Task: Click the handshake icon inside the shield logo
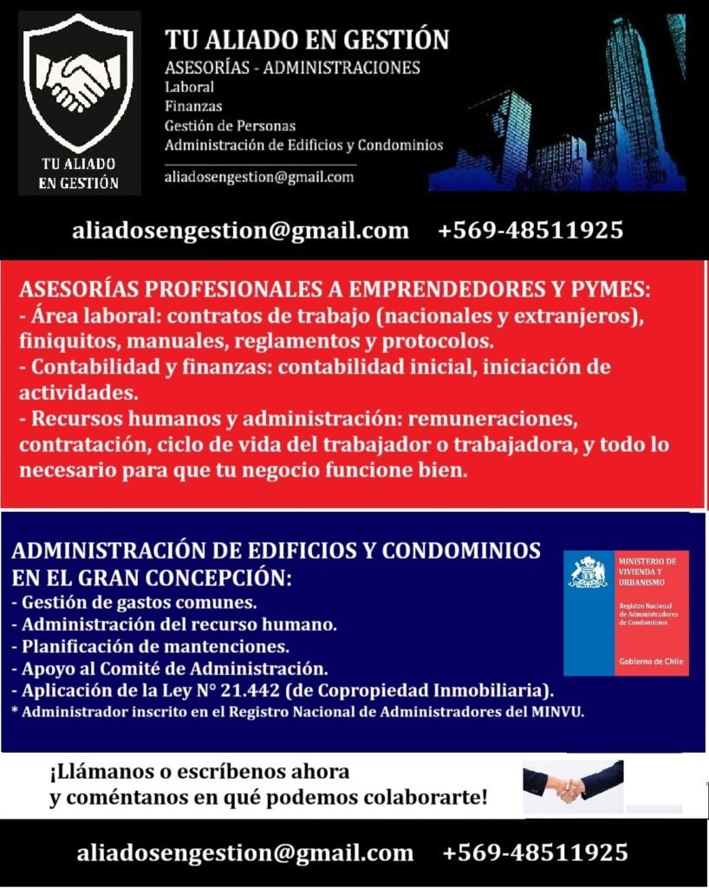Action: pyautogui.click(x=79, y=83)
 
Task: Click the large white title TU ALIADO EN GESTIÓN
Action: pyautogui.click(x=307, y=40)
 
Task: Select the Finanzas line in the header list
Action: pyautogui.click(x=193, y=106)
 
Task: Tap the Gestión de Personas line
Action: pyautogui.click(x=230, y=125)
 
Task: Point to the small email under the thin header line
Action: pyautogui.click(x=259, y=177)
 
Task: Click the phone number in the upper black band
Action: pyautogui.click(x=530, y=231)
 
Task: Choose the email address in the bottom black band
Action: pyautogui.click(x=245, y=852)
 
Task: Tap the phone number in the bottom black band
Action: pyautogui.click(x=535, y=852)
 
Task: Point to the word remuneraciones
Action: pyautogui.click(x=494, y=420)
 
